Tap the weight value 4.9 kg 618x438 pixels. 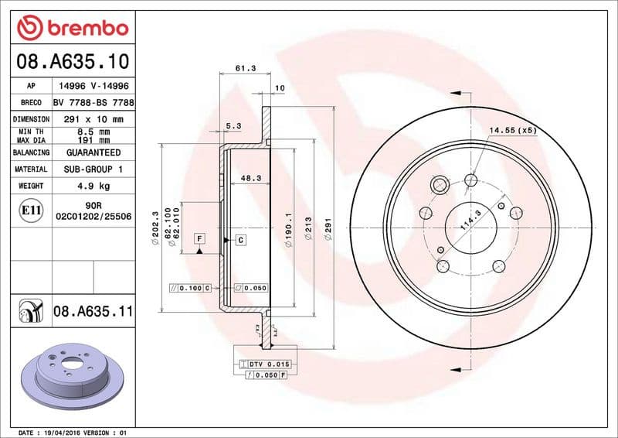93,186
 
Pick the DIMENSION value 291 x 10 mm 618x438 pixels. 93,119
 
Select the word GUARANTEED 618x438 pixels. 93,152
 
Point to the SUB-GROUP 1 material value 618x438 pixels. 93,169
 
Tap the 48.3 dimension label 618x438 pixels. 250,178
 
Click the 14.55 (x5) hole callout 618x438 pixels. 512,130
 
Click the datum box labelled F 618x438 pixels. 199,238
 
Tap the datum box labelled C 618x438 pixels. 240,240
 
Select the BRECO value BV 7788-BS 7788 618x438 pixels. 93,102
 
